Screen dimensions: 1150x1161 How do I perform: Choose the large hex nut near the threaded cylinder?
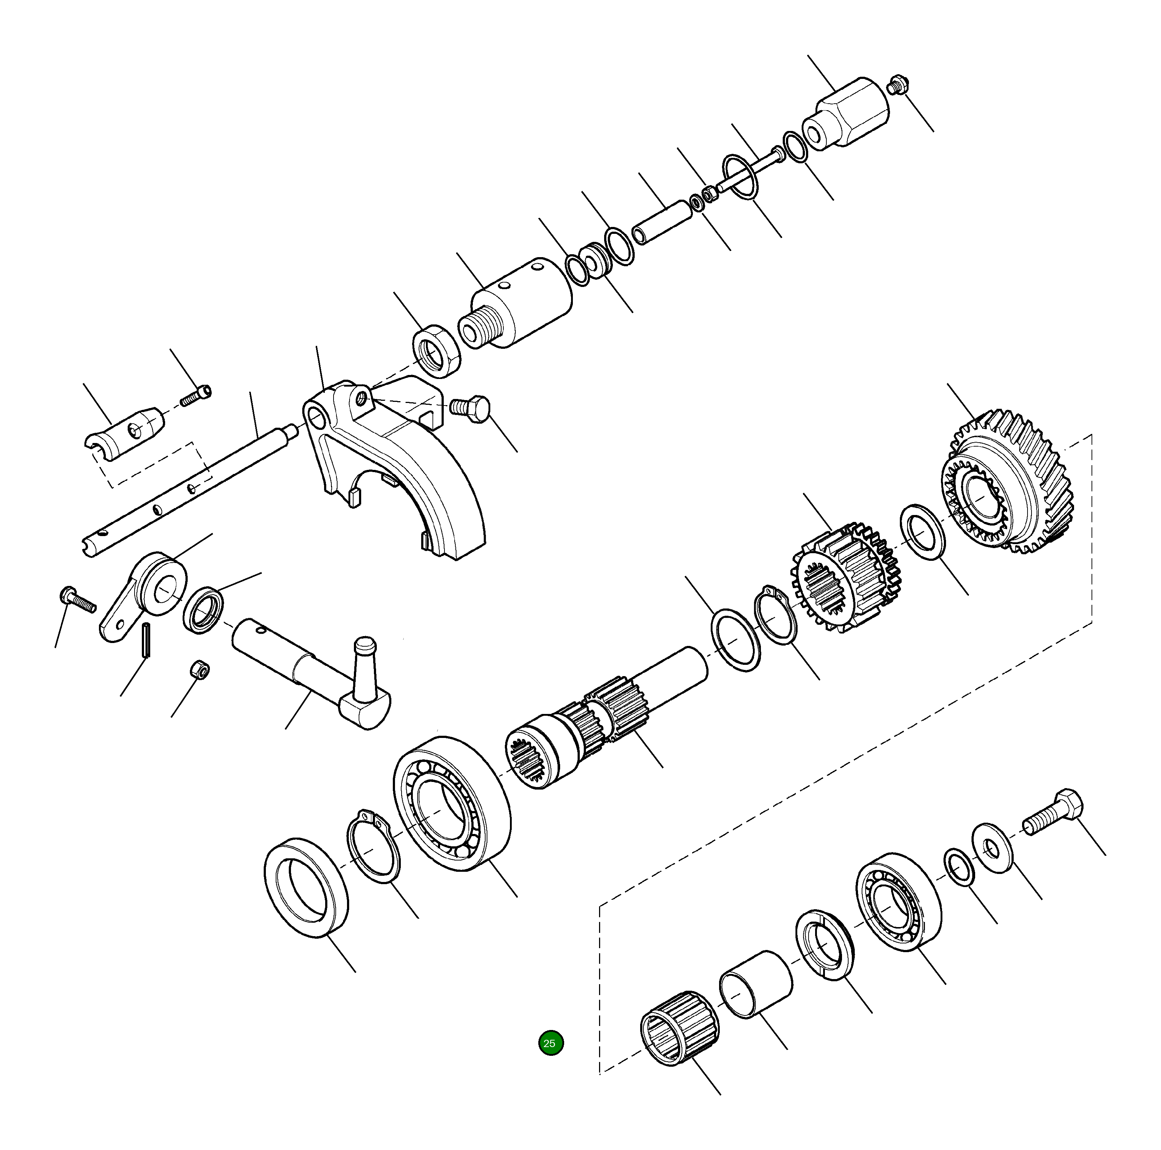436,351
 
